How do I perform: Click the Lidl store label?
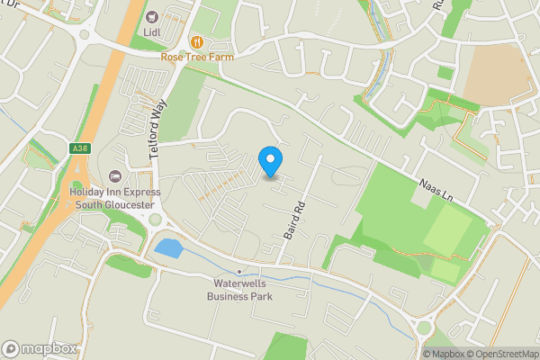151,32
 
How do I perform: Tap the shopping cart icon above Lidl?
151,16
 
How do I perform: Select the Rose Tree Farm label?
196,57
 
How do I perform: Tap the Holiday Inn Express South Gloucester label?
114,197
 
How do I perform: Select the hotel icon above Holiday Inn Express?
114,176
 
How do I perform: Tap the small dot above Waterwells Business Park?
239,271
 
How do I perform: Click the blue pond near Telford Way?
167,247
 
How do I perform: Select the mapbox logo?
39,348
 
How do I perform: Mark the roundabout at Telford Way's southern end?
156,220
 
